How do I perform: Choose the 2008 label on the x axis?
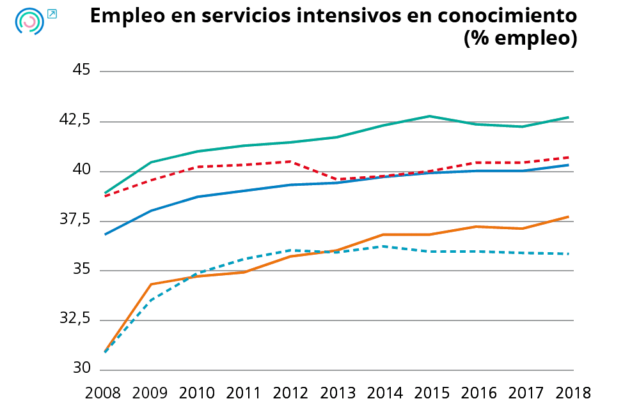click(x=104, y=391)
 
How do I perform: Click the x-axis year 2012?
click(x=291, y=391)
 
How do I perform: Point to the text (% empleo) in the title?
click(x=520, y=38)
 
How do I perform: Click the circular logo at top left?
click(x=29, y=21)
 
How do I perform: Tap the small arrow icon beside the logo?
click(x=52, y=13)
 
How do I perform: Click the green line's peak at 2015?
click(x=429, y=116)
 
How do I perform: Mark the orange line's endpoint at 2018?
click(x=569, y=217)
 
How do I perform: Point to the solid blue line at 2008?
click(x=104, y=234)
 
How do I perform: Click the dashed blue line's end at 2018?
click(x=569, y=254)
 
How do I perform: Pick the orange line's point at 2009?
click(x=150, y=284)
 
